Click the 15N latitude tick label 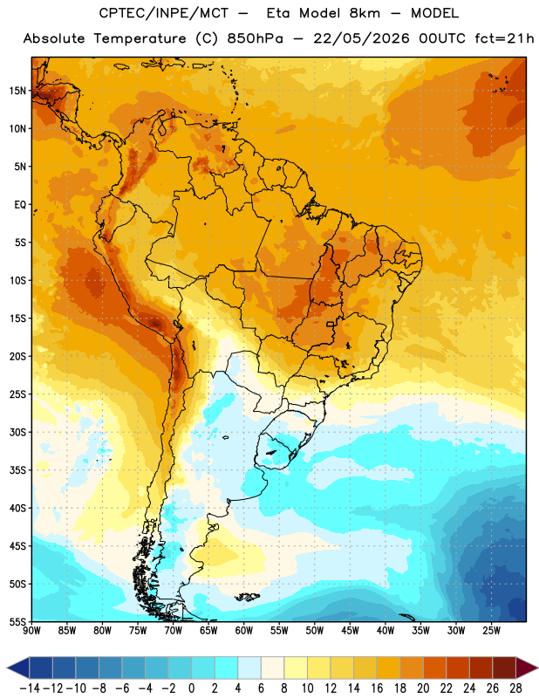pyautogui.click(x=17, y=91)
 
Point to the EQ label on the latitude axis pyautogui.click(x=20, y=205)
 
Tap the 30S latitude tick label pyautogui.click(x=17, y=432)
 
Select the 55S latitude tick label pyautogui.click(x=17, y=621)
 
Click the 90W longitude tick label pyautogui.click(x=31, y=631)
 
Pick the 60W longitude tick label pyautogui.click(x=244, y=631)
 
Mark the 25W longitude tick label pyautogui.click(x=491, y=631)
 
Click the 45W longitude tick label pyautogui.click(x=350, y=631)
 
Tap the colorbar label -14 pyautogui.click(x=30, y=688)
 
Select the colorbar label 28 pyautogui.click(x=515, y=688)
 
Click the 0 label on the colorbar pyautogui.click(x=191, y=688)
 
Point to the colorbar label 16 pyautogui.click(x=377, y=688)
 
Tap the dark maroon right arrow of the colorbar pyautogui.click(x=526, y=667)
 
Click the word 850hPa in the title pyautogui.click(x=255, y=38)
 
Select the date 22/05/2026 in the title pyautogui.click(x=361, y=38)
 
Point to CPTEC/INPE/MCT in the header pyautogui.click(x=163, y=13)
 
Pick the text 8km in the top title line pyautogui.click(x=365, y=13)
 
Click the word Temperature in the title pyautogui.click(x=140, y=39)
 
